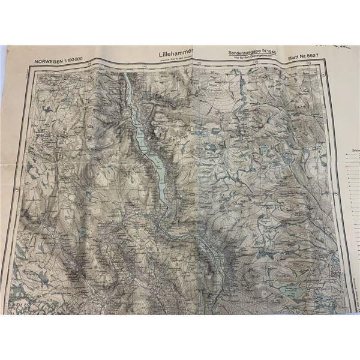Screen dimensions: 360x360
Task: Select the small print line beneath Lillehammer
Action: (174, 59)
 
